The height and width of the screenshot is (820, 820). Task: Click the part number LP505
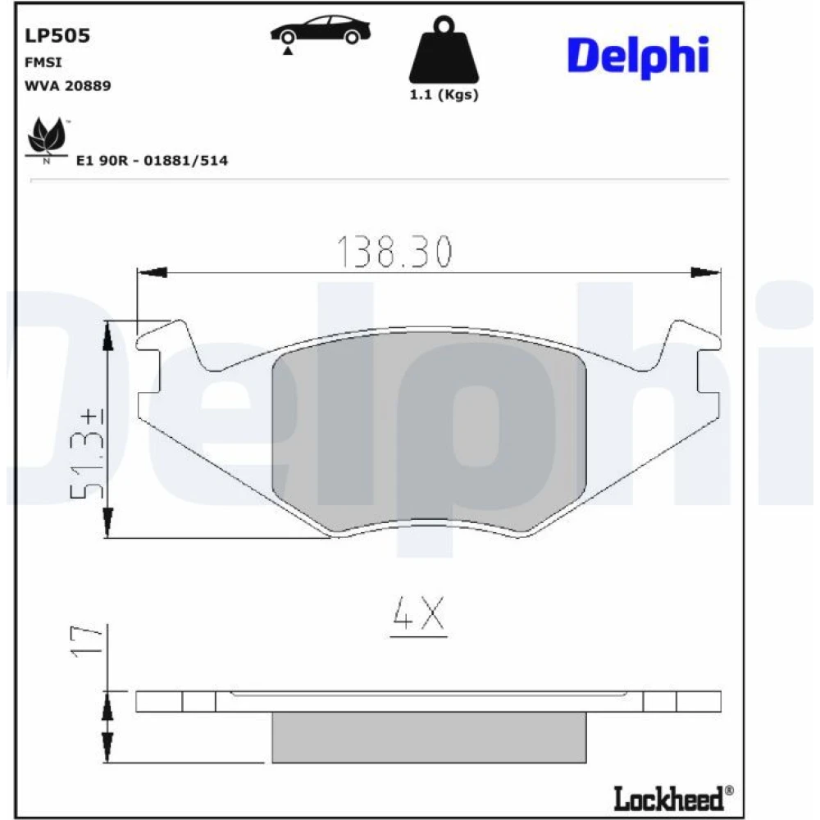click(x=57, y=35)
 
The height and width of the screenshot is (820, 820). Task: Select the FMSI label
click(x=43, y=62)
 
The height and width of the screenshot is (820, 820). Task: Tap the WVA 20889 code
click(x=68, y=85)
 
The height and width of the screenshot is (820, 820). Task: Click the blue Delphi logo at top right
click(x=638, y=57)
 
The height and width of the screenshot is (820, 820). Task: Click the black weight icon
click(x=444, y=50)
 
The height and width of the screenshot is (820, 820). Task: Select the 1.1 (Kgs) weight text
click(x=444, y=94)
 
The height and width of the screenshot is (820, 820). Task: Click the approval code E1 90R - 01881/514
click(x=153, y=160)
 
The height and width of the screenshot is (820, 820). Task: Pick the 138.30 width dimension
click(x=394, y=252)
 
